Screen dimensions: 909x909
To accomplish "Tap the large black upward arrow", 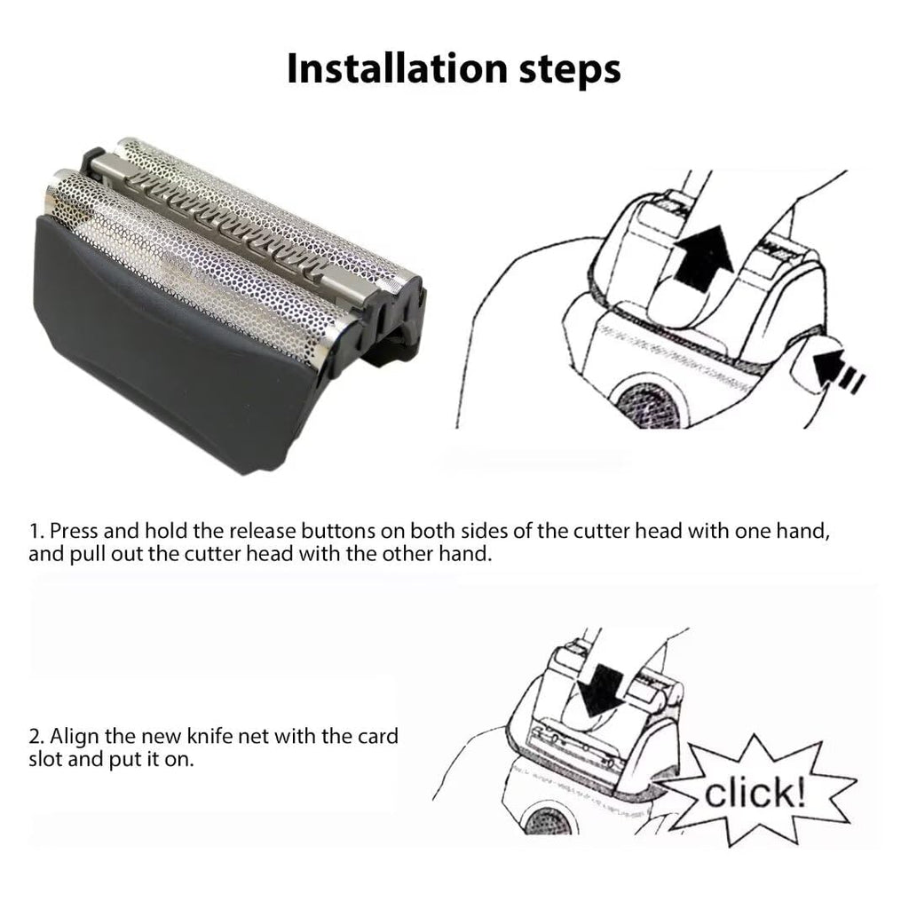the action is click(x=703, y=259).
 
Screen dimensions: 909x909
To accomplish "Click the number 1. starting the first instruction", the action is click(x=36, y=531).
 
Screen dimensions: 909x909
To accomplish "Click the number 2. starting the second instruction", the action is click(x=36, y=736).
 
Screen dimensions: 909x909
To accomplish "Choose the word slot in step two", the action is click(x=45, y=759).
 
